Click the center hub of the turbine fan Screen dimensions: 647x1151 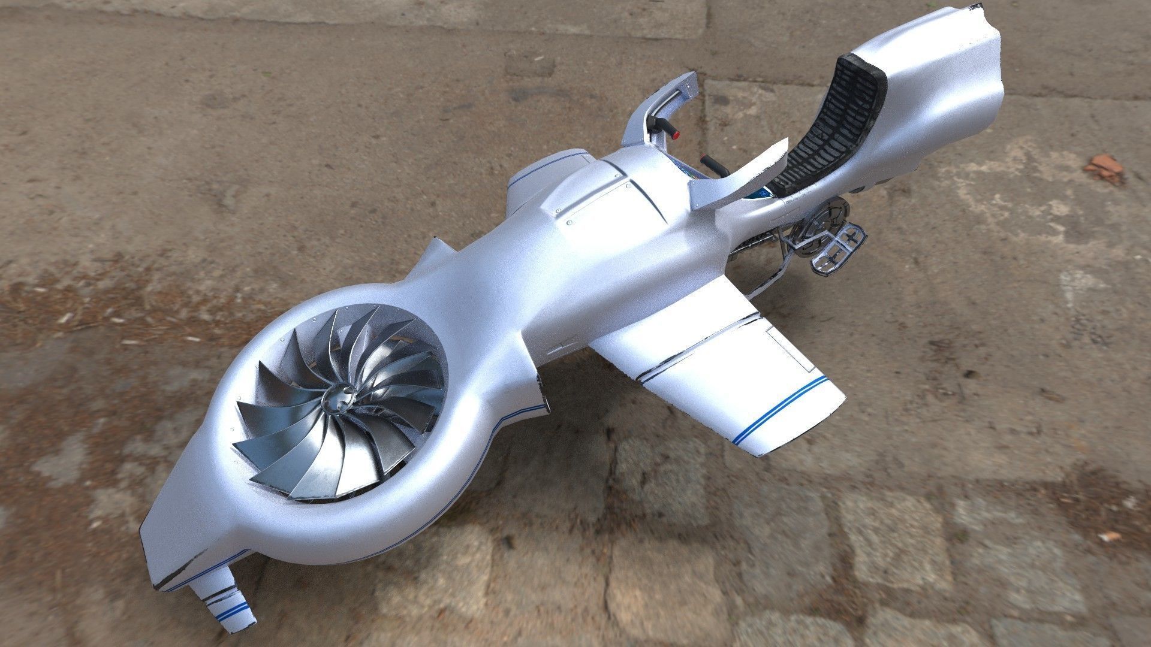(x=339, y=397)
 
